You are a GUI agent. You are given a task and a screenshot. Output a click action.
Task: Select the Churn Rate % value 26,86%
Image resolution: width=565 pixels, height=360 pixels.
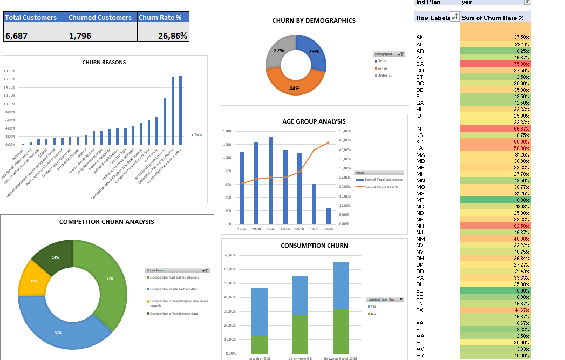point(163,36)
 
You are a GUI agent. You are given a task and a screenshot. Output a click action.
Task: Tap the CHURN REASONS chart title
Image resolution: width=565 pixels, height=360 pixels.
point(104,62)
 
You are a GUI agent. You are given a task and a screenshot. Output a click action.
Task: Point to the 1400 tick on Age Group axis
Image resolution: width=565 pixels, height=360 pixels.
point(227,131)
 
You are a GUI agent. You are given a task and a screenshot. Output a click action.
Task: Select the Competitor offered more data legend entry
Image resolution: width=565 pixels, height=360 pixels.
point(174,313)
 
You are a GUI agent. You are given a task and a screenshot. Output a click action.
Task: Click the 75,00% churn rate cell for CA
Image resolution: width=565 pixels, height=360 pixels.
point(495,64)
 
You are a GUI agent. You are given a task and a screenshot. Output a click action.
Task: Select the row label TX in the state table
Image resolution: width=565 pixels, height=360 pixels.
point(420,310)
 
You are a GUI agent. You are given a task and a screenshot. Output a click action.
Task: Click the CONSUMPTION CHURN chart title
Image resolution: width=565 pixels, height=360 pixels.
point(314,246)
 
